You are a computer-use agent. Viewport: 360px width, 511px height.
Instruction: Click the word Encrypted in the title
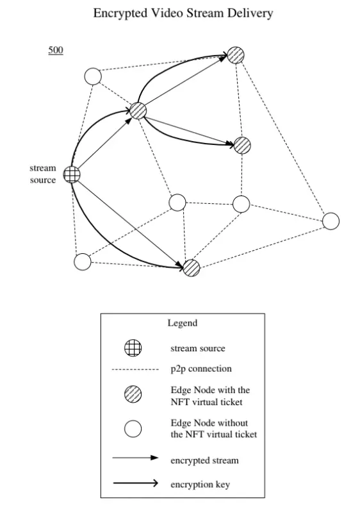point(120,13)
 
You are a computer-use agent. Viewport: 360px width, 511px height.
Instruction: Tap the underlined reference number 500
point(56,50)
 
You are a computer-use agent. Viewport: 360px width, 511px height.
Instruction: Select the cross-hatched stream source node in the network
point(72,174)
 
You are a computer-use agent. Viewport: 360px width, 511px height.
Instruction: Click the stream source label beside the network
point(43,174)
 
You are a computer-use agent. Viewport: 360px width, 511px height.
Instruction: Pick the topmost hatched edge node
point(236,54)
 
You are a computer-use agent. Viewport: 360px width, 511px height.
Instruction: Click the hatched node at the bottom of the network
point(192,268)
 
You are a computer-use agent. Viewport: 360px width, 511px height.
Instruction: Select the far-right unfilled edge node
point(331,221)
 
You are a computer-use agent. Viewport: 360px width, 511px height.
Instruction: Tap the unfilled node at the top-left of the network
point(93,76)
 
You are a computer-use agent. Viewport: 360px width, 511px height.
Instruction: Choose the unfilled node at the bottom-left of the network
point(83,262)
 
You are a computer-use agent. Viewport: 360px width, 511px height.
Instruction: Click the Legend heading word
point(183,323)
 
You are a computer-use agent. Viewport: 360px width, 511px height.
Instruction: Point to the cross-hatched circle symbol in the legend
point(133,348)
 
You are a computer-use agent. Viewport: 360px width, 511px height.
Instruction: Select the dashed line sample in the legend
point(135,369)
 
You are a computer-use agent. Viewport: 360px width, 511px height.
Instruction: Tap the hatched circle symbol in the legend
point(133,394)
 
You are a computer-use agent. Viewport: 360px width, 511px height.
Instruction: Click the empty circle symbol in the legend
point(133,428)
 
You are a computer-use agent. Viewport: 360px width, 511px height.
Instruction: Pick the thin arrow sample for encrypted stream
point(135,458)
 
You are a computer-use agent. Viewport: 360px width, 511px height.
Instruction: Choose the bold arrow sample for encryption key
point(135,483)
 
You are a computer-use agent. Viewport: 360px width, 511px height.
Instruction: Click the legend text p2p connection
point(201,369)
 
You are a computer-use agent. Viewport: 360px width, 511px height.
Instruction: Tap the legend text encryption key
point(200,485)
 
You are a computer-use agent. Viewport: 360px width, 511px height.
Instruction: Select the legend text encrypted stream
point(205,461)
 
